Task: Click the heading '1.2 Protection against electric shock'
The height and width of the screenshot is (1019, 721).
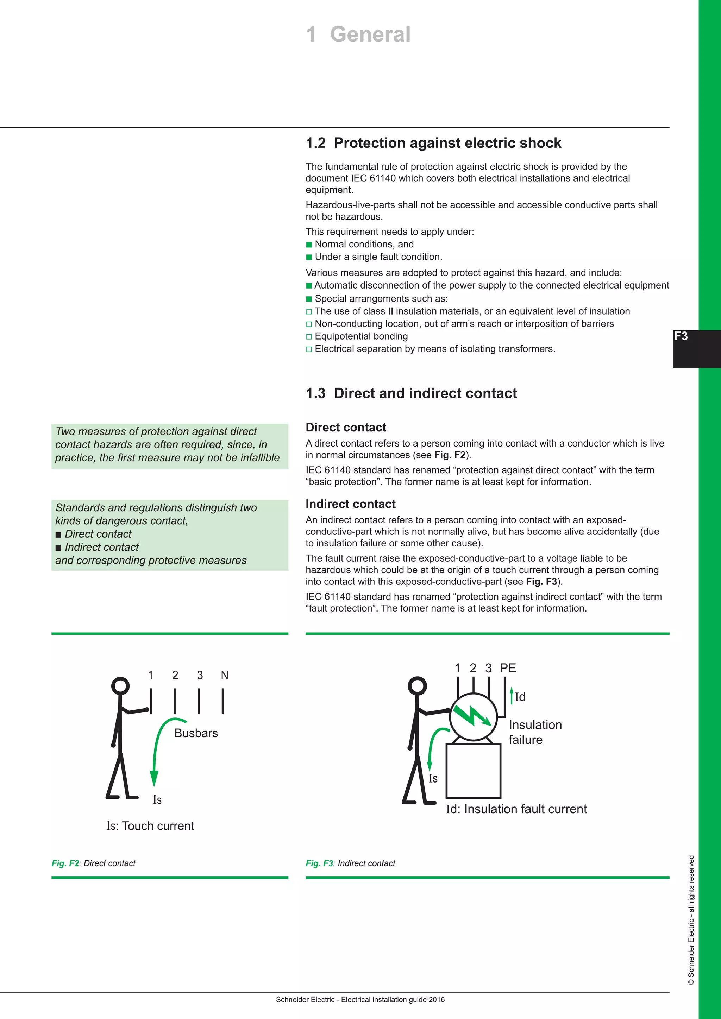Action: click(x=433, y=143)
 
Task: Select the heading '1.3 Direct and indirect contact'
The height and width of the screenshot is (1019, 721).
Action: click(x=411, y=393)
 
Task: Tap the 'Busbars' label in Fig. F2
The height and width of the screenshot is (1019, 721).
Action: click(x=196, y=733)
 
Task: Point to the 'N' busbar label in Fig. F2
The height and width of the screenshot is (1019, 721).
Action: click(x=225, y=675)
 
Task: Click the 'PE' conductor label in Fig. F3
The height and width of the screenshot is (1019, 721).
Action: click(x=508, y=668)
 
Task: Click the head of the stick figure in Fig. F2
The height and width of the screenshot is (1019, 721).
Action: click(x=120, y=686)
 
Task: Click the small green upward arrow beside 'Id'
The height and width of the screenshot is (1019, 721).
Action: click(x=512, y=695)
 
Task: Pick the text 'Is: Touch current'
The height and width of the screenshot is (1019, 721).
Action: click(x=150, y=826)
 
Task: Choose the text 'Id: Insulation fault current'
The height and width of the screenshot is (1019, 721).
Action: click(x=516, y=809)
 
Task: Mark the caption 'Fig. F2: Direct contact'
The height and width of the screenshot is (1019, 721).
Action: click(x=94, y=863)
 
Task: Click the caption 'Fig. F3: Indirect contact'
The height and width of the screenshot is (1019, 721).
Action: click(x=350, y=863)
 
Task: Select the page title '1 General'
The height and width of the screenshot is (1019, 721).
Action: click(x=358, y=34)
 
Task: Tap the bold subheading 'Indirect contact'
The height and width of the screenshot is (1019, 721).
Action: click(x=350, y=504)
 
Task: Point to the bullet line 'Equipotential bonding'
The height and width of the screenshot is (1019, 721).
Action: click(x=361, y=336)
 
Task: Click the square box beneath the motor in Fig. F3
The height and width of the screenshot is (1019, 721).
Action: click(x=473, y=771)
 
